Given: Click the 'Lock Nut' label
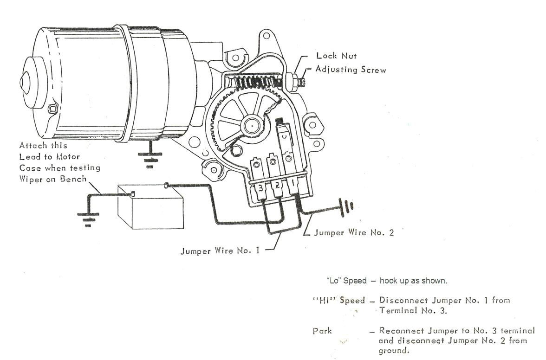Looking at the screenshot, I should [336, 56].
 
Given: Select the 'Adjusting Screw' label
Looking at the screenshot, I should [351, 70].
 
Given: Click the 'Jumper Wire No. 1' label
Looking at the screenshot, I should [220, 251].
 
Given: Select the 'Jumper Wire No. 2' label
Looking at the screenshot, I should [354, 232].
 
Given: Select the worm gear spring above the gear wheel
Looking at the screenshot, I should [253, 84].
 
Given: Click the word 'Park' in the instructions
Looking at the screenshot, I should [322, 331].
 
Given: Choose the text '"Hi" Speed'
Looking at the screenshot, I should [339, 300].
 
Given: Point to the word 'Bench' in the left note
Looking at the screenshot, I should [73, 179].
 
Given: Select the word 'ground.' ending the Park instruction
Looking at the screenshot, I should [394, 351].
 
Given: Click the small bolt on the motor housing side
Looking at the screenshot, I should [52, 109].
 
